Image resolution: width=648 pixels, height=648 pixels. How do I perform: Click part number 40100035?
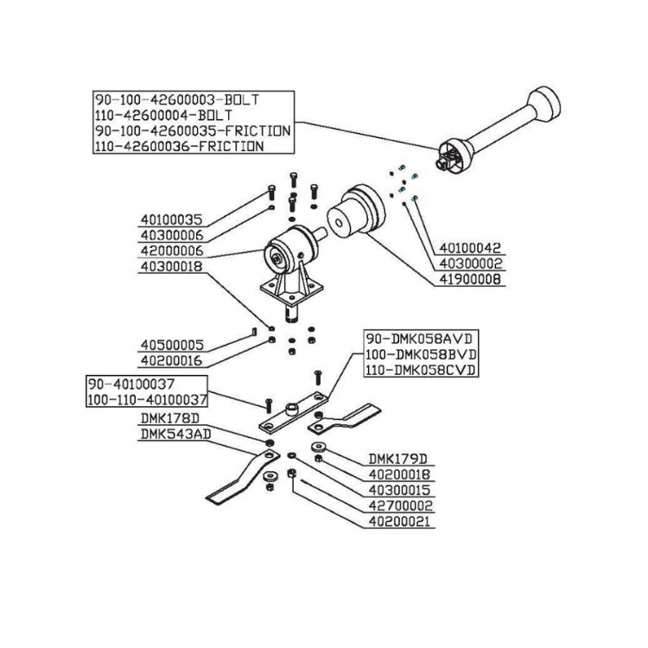coord(170,219)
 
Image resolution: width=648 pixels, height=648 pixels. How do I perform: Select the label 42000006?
coord(170,251)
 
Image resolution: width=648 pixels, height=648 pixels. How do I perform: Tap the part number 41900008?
coord(471,280)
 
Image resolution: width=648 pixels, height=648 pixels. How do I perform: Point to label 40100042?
coord(471,248)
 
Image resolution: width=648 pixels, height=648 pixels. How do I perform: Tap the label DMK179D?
coord(399,459)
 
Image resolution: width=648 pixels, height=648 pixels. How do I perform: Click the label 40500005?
coord(170,344)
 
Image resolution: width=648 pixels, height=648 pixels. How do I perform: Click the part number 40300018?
coord(170,267)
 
